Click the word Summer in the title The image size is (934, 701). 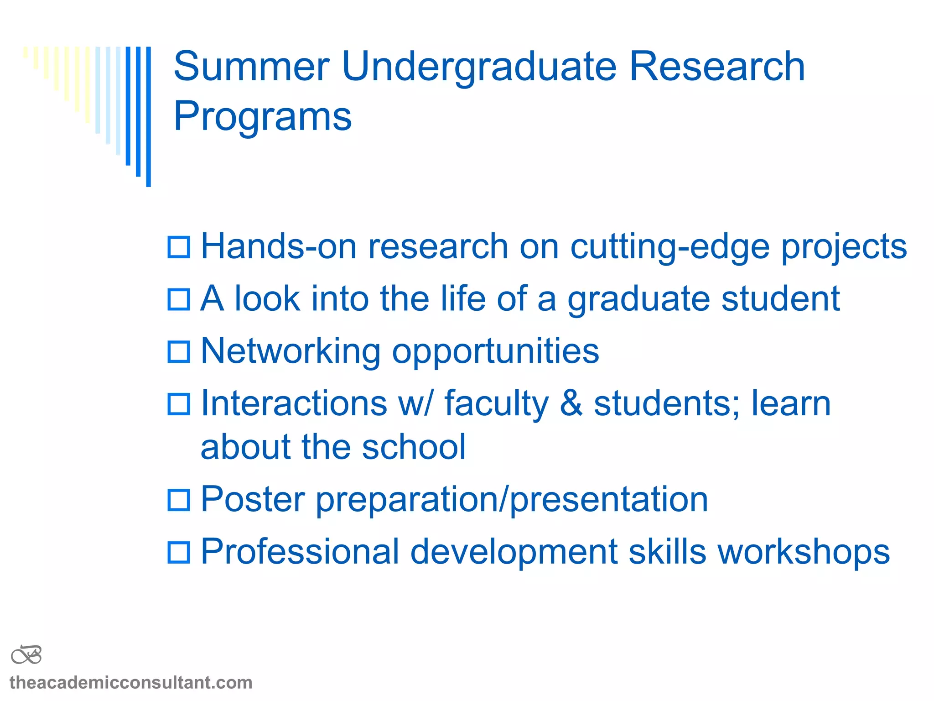click(x=251, y=67)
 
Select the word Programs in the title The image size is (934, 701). click(x=263, y=117)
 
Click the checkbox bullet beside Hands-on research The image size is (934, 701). click(x=179, y=247)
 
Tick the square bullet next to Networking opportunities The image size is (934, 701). click(x=179, y=352)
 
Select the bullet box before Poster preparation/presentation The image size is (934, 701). click(x=179, y=500)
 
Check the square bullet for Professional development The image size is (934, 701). click(x=179, y=552)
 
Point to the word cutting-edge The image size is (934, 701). click(x=670, y=247)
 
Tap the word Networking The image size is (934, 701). click(x=291, y=351)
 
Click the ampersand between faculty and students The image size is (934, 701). click(x=571, y=403)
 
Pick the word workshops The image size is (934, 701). click(x=804, y=552)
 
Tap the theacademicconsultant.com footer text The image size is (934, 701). click(x=131, y=683)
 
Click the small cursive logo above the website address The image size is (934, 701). click(x=26, y=655)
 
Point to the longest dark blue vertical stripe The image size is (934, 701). click(x=149, y=116)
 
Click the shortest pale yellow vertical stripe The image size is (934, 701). click(x=26, y=52)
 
